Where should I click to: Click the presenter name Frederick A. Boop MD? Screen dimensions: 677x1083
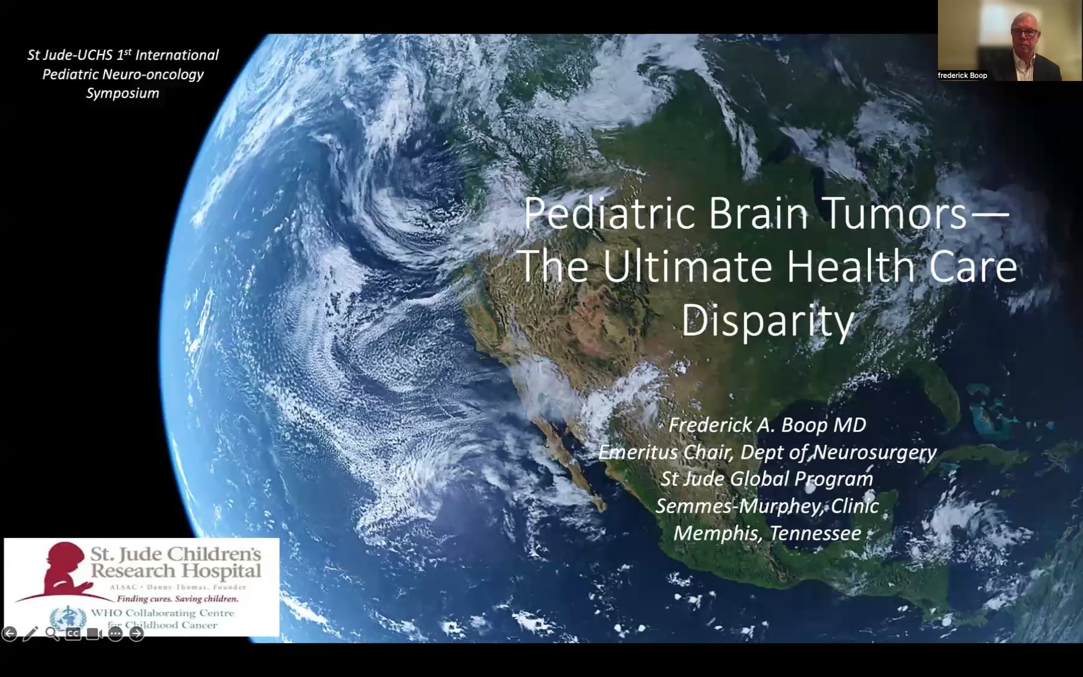point(767,425)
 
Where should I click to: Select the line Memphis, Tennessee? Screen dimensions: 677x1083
point(767,533)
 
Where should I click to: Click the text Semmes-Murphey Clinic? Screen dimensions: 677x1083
point(767,506)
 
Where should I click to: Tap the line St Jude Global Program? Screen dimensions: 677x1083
point(767,479)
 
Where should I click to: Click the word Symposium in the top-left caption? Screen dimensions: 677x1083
point(123,93)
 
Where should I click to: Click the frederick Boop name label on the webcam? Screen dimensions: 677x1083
point(962,76)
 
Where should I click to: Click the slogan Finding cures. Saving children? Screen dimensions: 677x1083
point(178,599)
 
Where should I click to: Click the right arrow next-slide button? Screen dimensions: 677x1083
point(137,633)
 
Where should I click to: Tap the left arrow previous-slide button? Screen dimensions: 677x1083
point(9,633)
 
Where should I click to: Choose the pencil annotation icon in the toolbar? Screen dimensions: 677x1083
point(30,633)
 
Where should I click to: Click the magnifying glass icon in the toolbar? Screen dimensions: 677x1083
point(52,633)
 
